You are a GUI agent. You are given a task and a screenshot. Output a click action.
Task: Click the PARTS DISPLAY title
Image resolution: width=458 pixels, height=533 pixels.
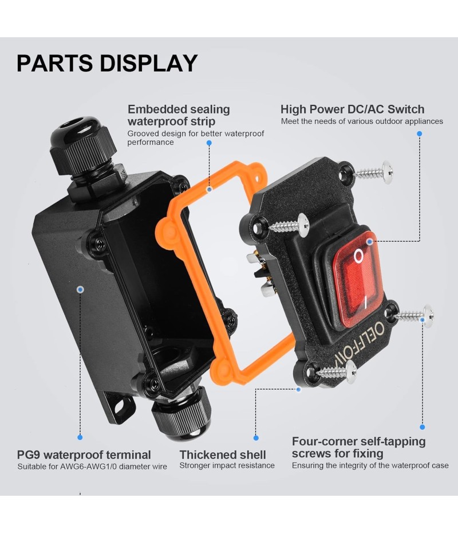tap(107, 63)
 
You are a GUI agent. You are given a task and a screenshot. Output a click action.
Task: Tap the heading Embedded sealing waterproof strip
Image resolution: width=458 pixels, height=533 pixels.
tap(179, 115)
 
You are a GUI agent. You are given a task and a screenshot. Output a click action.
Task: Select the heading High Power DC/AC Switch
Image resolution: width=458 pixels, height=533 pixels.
tap(352, 109)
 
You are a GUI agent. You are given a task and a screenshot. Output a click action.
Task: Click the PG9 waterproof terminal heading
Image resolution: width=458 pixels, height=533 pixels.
tap(84, 455)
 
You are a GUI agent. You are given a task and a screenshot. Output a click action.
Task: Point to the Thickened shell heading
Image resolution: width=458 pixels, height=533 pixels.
tap(223, 455)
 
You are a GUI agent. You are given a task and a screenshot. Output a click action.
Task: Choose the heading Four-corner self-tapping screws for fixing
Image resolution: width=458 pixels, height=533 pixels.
tap(358, 448)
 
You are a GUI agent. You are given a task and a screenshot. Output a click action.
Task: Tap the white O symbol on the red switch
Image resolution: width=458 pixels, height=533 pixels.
tap(358, 256)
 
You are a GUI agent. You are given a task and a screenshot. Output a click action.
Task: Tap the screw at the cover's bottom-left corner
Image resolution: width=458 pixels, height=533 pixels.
tap(335, 373)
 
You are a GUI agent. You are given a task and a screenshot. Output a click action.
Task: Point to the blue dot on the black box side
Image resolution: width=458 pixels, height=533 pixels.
tap(80, 290)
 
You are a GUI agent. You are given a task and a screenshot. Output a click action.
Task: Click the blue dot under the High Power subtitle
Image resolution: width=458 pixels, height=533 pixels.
tap(419, 134)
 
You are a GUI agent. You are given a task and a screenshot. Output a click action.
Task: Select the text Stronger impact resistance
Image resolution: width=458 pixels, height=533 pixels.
tap(227, 465)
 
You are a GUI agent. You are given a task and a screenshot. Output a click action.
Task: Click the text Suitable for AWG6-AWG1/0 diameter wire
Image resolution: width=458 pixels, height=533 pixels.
tap(92, 467)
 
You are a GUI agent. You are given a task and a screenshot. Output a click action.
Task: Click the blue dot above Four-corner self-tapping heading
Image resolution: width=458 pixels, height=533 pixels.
tap(423, 427)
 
